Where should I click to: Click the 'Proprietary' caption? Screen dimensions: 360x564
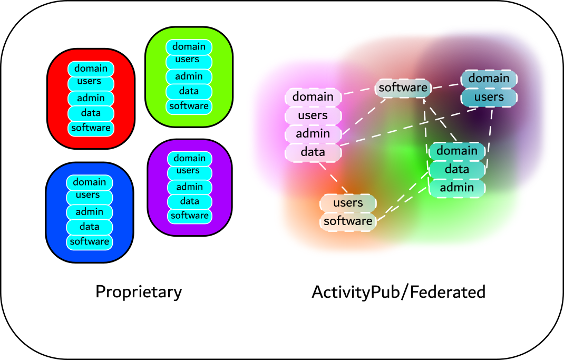pyautogui.click(x=138, y=291)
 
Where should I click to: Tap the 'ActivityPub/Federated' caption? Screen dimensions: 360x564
pyautogui.click(x=398, y=291)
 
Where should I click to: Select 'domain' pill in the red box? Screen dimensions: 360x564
pyautogui.click(x=91, y=69)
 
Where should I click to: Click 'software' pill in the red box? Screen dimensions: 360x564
pyautogui.click(x=91, y=128)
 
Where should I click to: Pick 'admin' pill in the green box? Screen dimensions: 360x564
pyautogui.click(x=189, y=77)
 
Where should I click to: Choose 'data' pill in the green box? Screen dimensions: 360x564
pyautogui.click(x=189, y=91)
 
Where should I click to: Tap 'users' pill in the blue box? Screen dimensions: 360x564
pyautogui.click(x=89, y=196)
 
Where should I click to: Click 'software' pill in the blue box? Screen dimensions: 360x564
pyautogui.click(x=89, y=241)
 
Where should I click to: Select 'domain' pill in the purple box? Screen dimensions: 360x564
pyautogui.click(x=189, y=158)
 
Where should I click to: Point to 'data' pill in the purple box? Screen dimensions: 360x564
pyautogui.click(x=189, y=201)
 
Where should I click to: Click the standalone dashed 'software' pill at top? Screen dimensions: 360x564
pyautogui.click(x=403, y=87)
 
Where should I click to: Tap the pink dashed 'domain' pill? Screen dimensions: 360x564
pyautogui.click(x=313, y=96)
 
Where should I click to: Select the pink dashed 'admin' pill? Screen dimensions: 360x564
pyautogui.click(x=313, y=134)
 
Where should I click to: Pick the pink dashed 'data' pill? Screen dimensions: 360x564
pyautogui.click(x=313, y=152)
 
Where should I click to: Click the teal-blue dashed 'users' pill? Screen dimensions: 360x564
pyautogui.click(x=489, y=97)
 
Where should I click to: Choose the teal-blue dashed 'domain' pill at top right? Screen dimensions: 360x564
pyautogui.click(x=489, y=79)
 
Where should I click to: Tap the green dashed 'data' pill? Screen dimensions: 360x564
pyautogui.click(x=456, y=169)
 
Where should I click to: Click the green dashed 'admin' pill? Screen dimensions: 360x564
pyautogui.click(x=456, y=188)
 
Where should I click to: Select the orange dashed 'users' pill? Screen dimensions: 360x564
pyautogui.click(x=348, y=203)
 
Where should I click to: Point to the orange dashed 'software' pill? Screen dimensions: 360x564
pyautogui.click(x=348, y=221)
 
